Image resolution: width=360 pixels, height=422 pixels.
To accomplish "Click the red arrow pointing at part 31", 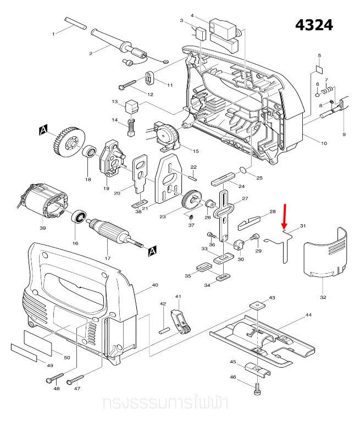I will pyautogui.click(x=284, y=216).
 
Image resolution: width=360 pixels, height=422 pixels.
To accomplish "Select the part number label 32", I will pyautogui.click(x=323, y=297).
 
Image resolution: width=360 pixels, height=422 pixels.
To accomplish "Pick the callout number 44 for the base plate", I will pyautogui.click(x=308, y=315).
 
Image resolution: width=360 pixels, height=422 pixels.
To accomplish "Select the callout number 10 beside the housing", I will pyautogui.click(x=324, y=143).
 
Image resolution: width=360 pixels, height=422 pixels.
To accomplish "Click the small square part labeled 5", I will pyautogui.click(x=318, y=70).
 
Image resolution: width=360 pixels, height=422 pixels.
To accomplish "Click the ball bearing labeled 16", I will pyautogui.click(x=80, y=218).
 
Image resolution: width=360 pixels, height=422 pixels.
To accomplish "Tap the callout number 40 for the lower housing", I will pyautogui.click(x=154, y=285).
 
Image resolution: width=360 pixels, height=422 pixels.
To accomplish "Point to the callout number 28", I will pyautogui.click(x=272, y=212).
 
